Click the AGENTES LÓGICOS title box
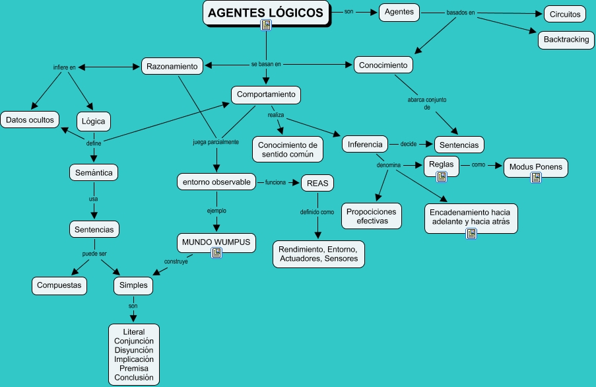(x=266, y=13)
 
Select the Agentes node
(x=399, y=12)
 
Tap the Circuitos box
(x=565, y=14)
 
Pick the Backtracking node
(x=566, y=40)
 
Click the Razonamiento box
(x=172, y=66)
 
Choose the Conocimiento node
(x=383, y=65)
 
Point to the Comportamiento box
(x=266, y=94)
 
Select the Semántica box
(x=94, y=172)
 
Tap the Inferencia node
(x=364, y=144)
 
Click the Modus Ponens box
(x=536, y=166)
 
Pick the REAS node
(x=317, y=183)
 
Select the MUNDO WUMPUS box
(x=216, y=242)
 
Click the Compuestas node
(x=59, y=285)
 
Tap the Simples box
(x=133, y=285)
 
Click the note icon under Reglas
(x=442, y=176)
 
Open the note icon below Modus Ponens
(x=536, y=177)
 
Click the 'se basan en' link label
(x=266, y=64)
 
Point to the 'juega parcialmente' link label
(x=215, y=142)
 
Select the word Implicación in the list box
(x=134, y=359)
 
